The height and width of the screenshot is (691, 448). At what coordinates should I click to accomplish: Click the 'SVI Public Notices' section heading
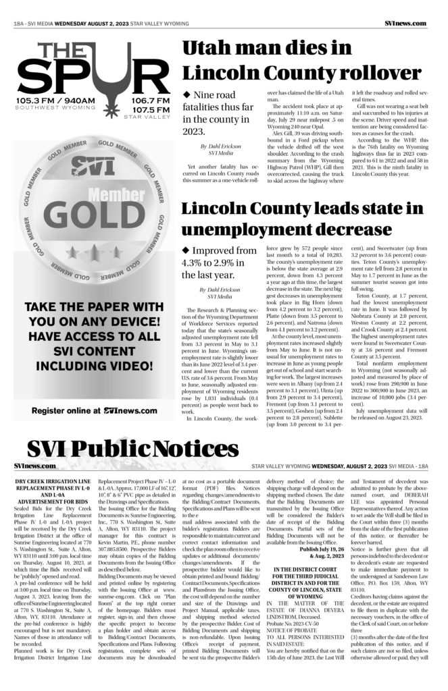[x=133, y=449]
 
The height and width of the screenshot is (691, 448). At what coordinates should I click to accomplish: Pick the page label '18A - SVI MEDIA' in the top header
[x=33, y=23]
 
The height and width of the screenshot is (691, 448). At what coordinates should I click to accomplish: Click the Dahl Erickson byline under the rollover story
[x=221, y=149]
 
